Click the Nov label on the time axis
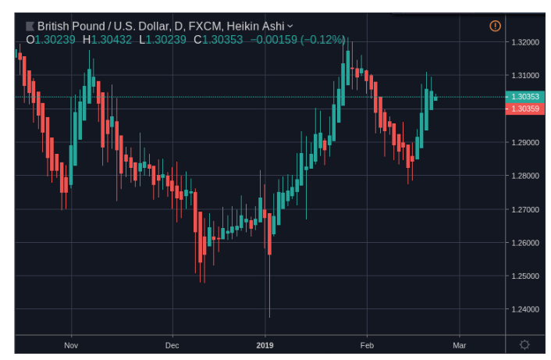pos(71,344)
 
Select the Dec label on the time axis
pos(172,344)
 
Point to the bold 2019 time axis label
pos(265,344)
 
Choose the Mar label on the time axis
pos(459,344)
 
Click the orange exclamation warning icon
pos(495,26)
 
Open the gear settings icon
pos(524,344)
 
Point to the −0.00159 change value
pos(273,39)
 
